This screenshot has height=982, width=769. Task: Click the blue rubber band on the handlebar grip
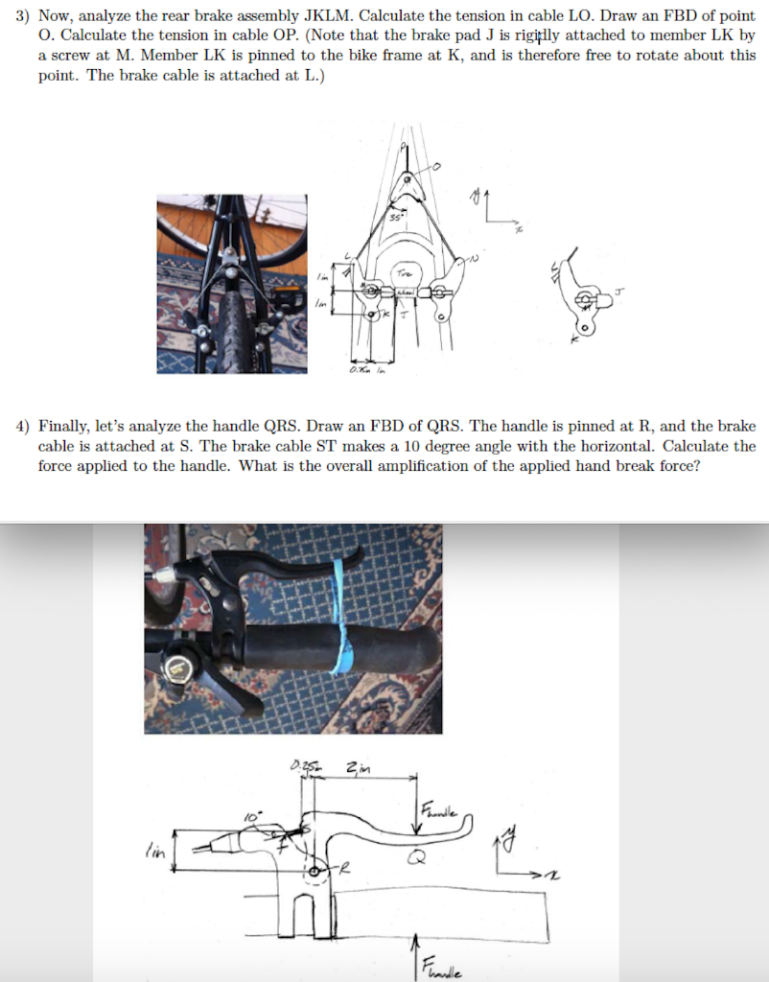click(x=338, y=614)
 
